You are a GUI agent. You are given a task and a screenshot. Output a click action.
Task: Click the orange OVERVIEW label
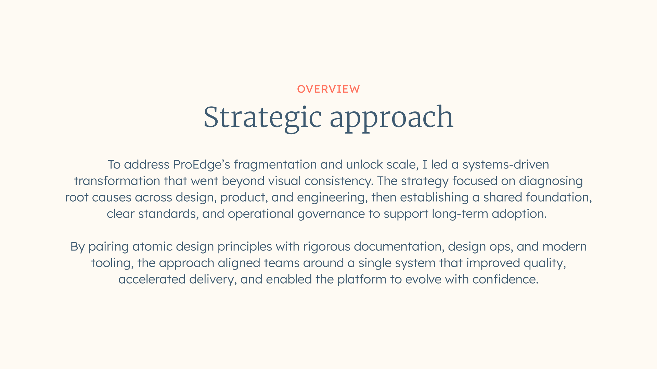(328, 89)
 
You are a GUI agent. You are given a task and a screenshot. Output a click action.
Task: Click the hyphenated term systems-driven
(506, 165)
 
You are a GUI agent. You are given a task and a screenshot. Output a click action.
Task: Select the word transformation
(117, 181)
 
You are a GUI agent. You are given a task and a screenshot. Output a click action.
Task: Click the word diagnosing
(551, 181)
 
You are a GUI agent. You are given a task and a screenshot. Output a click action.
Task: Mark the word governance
(331, 214)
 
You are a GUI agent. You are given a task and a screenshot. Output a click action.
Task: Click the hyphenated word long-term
(460, 214)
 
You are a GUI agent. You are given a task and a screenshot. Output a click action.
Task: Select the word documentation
(399, 247)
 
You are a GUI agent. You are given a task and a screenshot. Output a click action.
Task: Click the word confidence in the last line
(505, 279)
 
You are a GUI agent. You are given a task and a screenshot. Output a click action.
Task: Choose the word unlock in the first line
(364, 165)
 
